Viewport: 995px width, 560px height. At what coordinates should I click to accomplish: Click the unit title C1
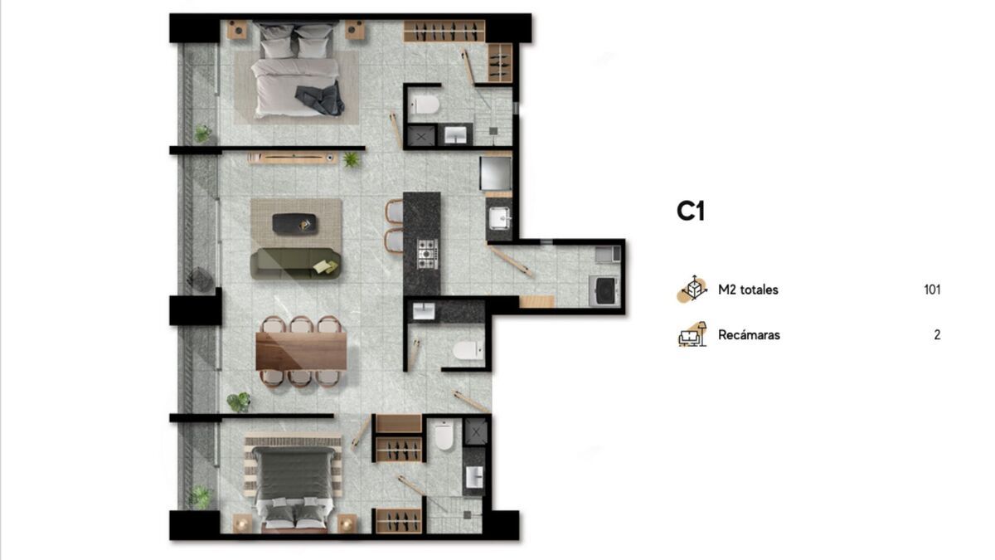tap(690, 211)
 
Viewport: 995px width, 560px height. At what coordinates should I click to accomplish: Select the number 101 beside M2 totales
tap(932, 290)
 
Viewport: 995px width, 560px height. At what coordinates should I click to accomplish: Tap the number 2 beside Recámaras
tap(937, 334)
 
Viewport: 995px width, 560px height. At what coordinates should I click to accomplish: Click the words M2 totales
tap(748, 290)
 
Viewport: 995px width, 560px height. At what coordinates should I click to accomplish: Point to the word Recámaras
tap(749, 334)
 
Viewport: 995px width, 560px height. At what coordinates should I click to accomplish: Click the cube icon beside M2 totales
tap(692, 289)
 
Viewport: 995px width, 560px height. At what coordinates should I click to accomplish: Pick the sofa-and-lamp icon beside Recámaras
tap(692, 334)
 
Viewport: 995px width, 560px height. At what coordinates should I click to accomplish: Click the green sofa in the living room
tap(295, 264)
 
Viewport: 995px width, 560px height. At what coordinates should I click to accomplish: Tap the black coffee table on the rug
tap(294, 223)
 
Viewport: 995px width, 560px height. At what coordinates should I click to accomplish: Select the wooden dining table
tap(301, 351)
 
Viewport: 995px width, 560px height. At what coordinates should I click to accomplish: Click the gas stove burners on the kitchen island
tap(427, 254)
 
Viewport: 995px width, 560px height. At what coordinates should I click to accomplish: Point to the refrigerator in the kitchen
tap(496, 173)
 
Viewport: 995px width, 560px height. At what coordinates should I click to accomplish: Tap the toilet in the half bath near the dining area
tap(468, 350)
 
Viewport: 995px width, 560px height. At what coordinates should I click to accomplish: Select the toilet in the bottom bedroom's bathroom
tap(444, 436)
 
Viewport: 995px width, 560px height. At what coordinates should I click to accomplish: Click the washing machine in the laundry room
tap(604, 290)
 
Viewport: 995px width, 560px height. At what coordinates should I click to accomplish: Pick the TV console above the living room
tap(292, 158)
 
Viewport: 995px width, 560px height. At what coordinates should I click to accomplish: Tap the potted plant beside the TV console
tap(351, 159)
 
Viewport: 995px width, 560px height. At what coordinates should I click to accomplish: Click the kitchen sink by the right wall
tap(499, 218)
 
